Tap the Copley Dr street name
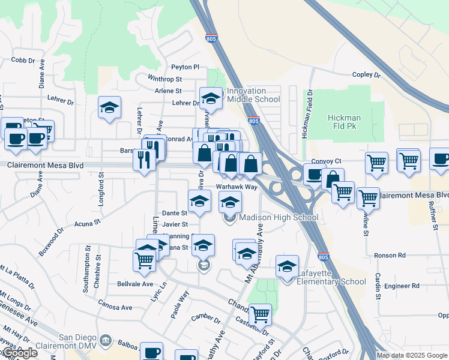pos(366,75)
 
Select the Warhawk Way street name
pos(237,187)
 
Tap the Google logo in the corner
pos(19,353)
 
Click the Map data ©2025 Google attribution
pos(412,355)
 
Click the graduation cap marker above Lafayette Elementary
pos(288,265)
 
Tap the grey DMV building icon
pos(106,341)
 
